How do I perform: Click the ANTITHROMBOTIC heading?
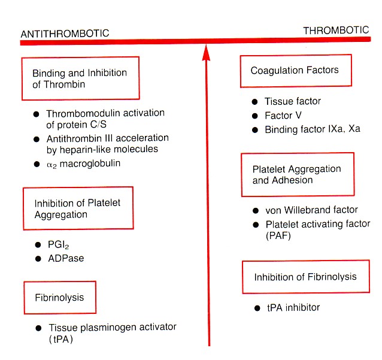click(65, 34)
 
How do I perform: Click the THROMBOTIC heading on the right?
click(336, 31)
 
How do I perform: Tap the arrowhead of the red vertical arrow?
click(206, 53)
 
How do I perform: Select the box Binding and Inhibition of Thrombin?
click(80, 78)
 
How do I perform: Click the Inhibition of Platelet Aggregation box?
click(77, 208)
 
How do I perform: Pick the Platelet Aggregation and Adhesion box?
click(297, 174)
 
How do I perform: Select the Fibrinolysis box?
click(59, 297)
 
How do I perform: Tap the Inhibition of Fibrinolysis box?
click(305, 277)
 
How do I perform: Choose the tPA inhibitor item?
click(293, 307)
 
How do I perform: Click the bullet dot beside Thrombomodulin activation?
click(37, 113)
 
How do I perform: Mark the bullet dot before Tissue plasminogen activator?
click(37, 328)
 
